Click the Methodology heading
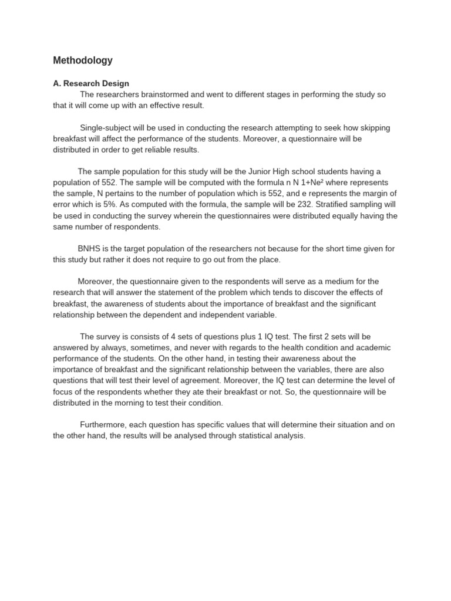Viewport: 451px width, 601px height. point(83,60)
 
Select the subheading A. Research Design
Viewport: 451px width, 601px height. point(91,83)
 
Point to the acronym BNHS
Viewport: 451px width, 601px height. point(89,249)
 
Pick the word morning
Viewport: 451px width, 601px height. point(148,403)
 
